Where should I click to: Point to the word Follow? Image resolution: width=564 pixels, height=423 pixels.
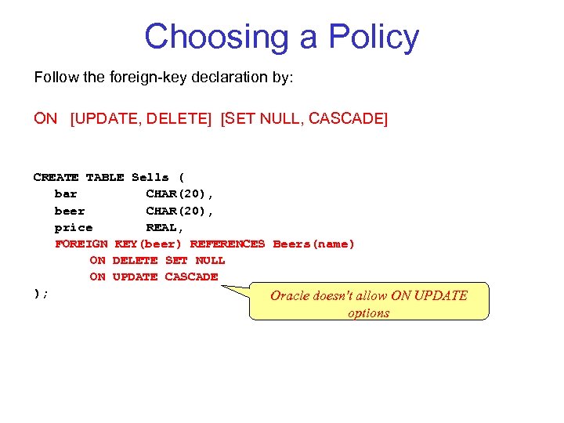(x=52, y=78)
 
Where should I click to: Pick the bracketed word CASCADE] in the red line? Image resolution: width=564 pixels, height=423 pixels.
(x=349, y=118)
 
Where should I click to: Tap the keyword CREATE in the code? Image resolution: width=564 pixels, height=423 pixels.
(x=56, y=178)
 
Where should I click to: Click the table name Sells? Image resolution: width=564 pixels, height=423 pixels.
(x=150, y=178)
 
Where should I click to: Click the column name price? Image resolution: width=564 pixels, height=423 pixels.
(x=74, y=227)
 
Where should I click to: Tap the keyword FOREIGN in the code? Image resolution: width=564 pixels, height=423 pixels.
(x=81, y=244)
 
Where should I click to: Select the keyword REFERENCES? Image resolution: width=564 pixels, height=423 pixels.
(x=227, y=244)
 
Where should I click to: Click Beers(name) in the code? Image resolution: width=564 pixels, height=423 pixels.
(x=313, y=244)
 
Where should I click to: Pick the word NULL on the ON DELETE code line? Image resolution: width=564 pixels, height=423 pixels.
(x=210, y=260)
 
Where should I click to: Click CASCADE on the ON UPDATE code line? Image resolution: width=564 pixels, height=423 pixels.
(x=191, y=277)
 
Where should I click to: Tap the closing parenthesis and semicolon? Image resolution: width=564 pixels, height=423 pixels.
(x=41, y=293)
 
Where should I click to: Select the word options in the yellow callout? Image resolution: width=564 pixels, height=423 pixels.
(x=368, y=313)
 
